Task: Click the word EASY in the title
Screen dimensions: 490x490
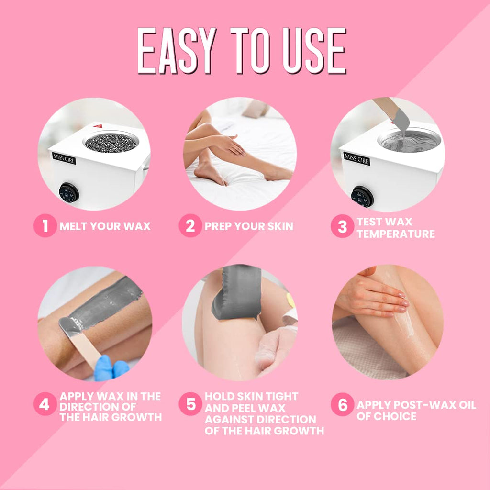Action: point(177,51)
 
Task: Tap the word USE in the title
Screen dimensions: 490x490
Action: point(314,51)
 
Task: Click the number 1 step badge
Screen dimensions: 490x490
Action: point(45,226)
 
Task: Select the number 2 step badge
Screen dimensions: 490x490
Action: point(190,226)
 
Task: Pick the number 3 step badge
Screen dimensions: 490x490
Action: point(342,226)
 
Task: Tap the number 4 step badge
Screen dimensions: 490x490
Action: point(45,404)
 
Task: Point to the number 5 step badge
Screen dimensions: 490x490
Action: point(190,404)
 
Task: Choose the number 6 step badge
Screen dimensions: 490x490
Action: point(342,404)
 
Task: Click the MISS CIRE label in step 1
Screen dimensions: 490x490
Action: point(64,158)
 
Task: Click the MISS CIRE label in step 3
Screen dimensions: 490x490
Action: point(356,159)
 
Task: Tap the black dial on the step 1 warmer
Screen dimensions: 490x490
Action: point(69,193)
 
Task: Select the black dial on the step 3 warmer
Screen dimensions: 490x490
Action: point(362,197)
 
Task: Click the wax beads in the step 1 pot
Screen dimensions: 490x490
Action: point(111,143)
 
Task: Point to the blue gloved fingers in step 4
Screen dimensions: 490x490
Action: point(111,368)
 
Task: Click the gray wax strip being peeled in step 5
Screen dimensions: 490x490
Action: point(236,292)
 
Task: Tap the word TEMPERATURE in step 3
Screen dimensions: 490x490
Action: point(396,234)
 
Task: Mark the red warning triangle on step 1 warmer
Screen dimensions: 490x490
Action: point(98,126)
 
